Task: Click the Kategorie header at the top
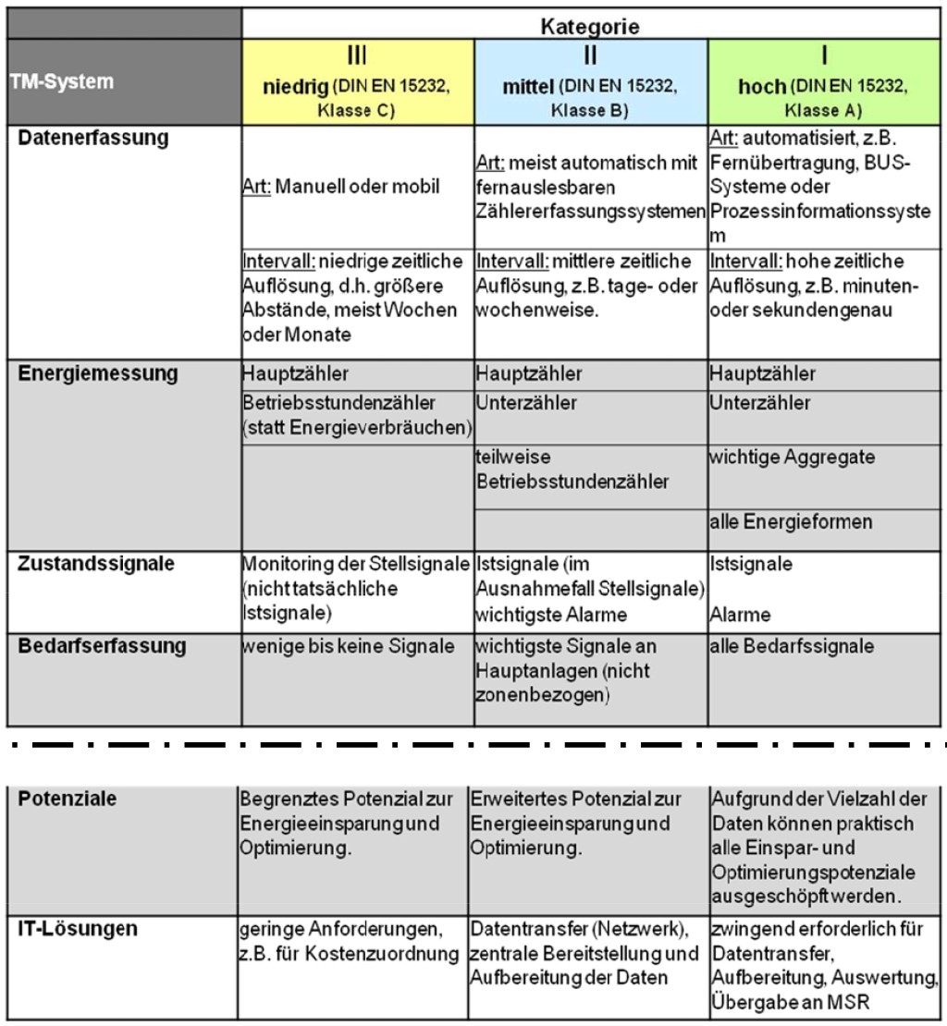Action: pos(589,27)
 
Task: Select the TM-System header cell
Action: pos(62,81)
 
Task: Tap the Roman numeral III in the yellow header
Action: pos(357,55)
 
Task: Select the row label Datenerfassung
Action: pos(93,139)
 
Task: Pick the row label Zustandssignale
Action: pos(95,564)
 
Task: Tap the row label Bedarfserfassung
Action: pos(102,646)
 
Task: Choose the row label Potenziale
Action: pos(68,799)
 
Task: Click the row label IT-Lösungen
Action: pos(77,929)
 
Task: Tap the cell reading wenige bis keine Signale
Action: pos(348,646)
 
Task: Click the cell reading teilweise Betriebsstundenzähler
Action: pos(572,470)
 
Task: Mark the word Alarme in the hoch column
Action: pos(740,615)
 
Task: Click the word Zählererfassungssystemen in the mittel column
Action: pos(589,212)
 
